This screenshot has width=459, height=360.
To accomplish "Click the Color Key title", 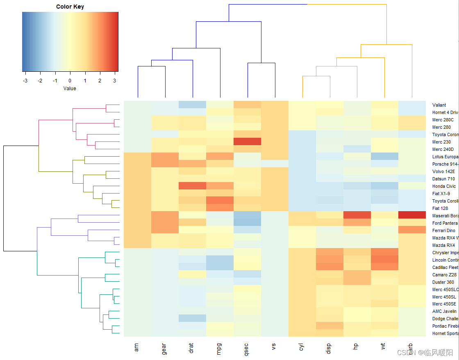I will point(70,7).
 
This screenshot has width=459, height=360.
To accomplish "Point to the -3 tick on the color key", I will point(25,80).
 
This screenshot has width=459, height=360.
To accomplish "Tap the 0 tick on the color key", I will point(70,80).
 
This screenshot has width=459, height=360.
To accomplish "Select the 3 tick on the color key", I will point(115,80).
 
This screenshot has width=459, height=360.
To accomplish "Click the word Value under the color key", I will point(70,88).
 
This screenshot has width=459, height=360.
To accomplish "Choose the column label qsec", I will point(247,348).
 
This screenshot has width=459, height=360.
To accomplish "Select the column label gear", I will point(164,348).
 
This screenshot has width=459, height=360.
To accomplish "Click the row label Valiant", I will point(439,105).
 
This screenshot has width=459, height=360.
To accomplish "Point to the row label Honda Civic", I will point(443,186).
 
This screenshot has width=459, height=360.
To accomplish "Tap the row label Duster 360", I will point(443,282).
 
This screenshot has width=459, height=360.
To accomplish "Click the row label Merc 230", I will point(441,142).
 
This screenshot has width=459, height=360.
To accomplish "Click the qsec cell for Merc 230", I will point(247,141).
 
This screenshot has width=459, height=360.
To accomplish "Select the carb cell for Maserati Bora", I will point(411,215).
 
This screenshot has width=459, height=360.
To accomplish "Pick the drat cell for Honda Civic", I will point(192,186).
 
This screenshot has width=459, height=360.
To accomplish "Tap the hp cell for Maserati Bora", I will point(357,215).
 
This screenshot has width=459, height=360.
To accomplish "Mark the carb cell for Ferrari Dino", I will point(411,230).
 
